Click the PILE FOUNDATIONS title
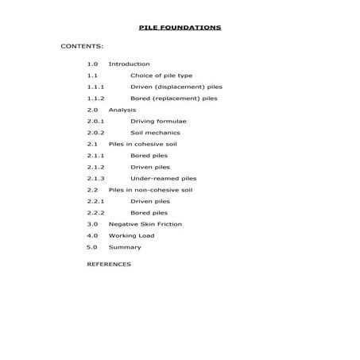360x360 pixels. click(x=180, y=27)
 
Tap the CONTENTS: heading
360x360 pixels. click(x=82, y=46)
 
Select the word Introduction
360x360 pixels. click(x=129, y=64)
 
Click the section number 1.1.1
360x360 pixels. click(x=96, y=87)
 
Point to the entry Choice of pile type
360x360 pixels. click(x=158, y=75)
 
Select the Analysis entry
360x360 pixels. click(x=122, y=110)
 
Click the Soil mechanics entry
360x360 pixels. click(x=155, y=133)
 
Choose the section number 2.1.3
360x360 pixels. click(x=96, y=179)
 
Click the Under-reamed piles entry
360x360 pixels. click(x=163, y=179)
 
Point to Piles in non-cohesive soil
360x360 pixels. click(x=150, y=190)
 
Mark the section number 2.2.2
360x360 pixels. click(x=96, y=213)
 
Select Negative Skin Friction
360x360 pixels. click(x=145, y=224)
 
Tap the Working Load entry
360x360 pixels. click(x=131, y=236)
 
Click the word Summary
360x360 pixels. click(x=125, y=247)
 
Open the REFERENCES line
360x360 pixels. click(x=109, y=264)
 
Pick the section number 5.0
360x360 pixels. click(x=92, y=247)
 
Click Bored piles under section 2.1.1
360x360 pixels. click(x=149, y=156)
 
